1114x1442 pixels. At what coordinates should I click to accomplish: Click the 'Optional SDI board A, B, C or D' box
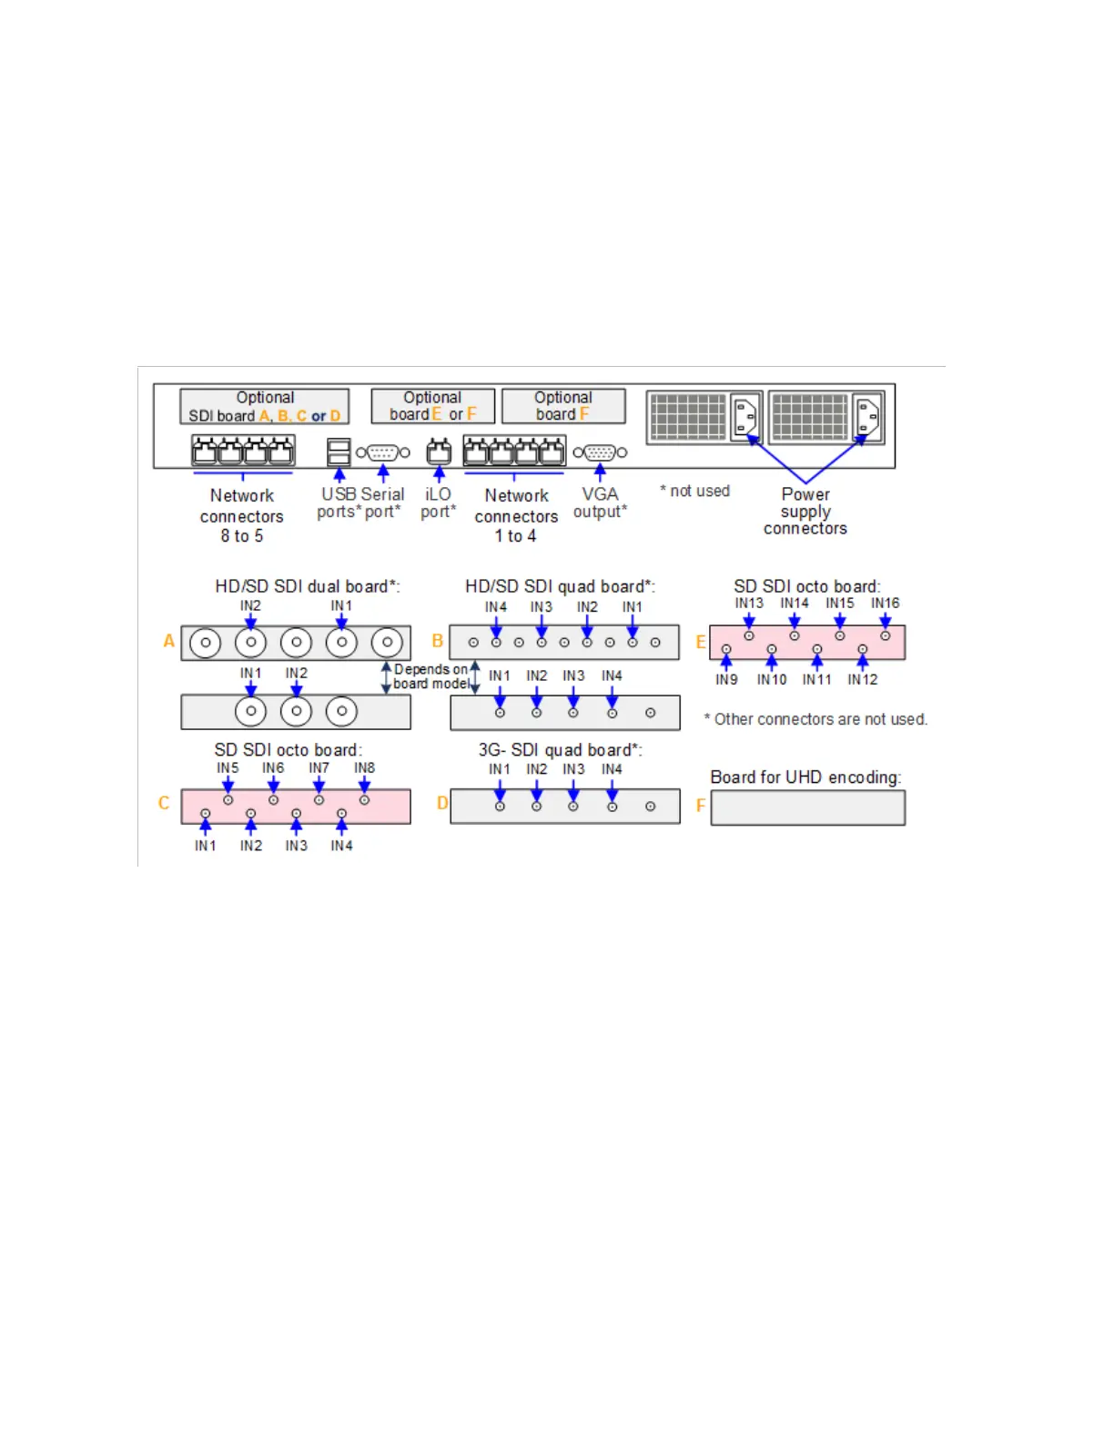coord(264,406)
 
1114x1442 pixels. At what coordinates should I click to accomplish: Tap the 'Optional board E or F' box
coord(432,406)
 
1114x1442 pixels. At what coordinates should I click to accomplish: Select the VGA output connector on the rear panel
coord(600,452)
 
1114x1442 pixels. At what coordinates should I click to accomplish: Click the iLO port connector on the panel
coord(439,452)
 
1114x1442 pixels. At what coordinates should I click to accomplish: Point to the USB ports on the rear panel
coord(339,452)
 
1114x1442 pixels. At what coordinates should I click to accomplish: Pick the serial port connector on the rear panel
coord(382,452)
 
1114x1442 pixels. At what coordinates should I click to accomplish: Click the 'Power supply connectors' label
coord(805,511)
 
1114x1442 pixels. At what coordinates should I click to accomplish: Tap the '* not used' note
coord(695,491)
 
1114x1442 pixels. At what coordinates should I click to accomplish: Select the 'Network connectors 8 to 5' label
coord(241,515)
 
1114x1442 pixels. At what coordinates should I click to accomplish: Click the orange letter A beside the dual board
coord(168,641)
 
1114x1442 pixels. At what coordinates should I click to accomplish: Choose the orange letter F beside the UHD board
coord(700,806)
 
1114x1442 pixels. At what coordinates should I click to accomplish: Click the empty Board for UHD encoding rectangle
coord(807,807)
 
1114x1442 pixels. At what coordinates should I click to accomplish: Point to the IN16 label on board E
coord(885,603)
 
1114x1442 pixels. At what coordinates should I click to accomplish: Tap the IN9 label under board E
coord(726,679)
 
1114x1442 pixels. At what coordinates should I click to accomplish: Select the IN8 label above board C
coord(364,767)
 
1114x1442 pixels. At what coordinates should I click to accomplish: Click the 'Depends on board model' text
coord(430,676)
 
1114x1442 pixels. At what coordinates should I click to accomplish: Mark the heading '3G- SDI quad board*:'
coord(560,749)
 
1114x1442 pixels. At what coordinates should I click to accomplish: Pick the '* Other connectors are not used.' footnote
coord(815,719)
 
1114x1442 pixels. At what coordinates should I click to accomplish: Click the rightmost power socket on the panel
coord(867,418)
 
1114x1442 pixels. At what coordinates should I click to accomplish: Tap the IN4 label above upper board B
coord(495,606)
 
